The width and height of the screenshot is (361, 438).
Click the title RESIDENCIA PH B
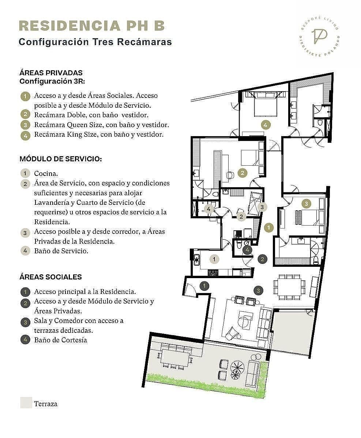click(92, 26)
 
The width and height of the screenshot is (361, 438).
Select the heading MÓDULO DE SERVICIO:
click(61, 159)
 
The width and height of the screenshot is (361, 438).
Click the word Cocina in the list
click(46, 173)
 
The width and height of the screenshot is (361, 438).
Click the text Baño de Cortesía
click(61, 340)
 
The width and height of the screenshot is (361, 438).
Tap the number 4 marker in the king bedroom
click(266, 125)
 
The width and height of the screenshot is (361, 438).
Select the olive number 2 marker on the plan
click(242, 173)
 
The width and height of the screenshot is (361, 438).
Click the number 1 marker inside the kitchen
click(214, 259)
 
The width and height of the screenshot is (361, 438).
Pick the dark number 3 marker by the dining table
click(258, 291)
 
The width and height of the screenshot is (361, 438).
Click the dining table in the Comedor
click(289, 287)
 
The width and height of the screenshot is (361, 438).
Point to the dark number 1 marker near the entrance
click(204, 286)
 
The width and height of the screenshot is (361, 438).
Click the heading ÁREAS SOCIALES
click(50, 277)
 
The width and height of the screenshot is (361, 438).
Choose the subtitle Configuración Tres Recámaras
click(95, 42)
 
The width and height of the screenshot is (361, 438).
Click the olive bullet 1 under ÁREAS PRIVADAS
click(25, 96)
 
